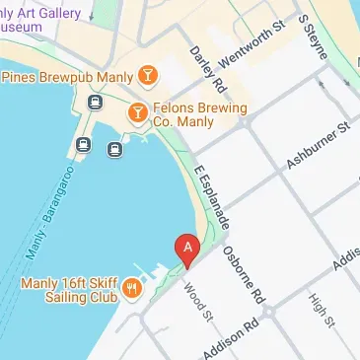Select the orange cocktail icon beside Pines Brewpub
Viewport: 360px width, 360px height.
pos(146,75)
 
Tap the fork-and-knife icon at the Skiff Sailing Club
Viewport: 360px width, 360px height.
pos(130,287)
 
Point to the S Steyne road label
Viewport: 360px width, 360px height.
pos(313,36)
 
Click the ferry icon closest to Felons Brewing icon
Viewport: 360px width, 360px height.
pos(112,150)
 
